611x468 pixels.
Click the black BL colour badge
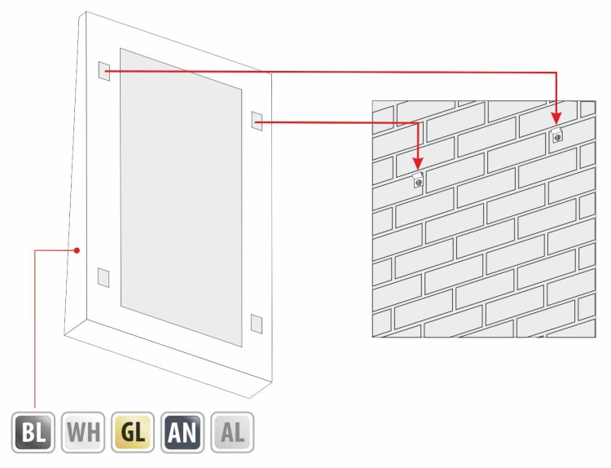33,432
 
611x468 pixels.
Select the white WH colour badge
83,432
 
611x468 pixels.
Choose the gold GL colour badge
133,432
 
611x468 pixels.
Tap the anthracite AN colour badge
182,432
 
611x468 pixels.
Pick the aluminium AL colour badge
233,432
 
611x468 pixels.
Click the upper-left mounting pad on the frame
104,71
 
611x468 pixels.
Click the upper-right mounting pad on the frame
257,121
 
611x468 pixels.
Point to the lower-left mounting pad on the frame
103,277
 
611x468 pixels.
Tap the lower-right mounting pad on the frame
257,324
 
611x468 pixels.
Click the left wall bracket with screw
419,180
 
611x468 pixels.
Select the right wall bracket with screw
557,135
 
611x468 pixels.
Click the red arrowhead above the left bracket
418,164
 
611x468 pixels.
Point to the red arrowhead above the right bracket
557,119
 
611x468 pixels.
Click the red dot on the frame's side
77,250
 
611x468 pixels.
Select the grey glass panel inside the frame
181,197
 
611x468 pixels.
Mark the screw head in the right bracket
558,137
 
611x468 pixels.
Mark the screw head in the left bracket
419,182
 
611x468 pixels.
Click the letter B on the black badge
27,432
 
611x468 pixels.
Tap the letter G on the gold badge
127,432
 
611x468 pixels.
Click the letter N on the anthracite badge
190,432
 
